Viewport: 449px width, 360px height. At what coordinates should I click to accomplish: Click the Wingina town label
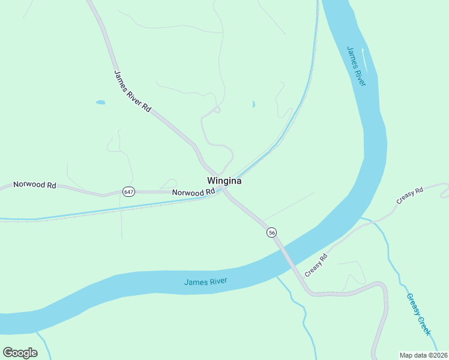[224, 180]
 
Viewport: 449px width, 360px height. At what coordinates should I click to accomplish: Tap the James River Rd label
[132, 91]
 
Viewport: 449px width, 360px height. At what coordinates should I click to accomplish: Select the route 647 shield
[128, 191]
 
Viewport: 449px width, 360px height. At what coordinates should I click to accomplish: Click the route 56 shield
[272, 232]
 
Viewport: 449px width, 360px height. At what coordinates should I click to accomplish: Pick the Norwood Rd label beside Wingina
[193, 193]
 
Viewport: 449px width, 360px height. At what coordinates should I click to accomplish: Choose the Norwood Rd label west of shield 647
[35, 185]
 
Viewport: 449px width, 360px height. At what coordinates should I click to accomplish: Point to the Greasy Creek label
[418, 314]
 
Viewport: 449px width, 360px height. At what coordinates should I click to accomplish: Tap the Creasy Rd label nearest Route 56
[316, 265]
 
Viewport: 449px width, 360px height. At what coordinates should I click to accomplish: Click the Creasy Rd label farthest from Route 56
[411, 197]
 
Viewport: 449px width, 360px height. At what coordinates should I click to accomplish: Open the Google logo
[20, 353]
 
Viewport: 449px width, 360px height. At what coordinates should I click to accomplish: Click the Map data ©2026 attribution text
[424, 355]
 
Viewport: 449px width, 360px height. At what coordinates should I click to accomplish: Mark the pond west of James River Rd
[100, 103]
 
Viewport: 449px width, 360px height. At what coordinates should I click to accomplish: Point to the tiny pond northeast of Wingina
[253, 104]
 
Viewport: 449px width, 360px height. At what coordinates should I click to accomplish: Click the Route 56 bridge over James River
[285, 253]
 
